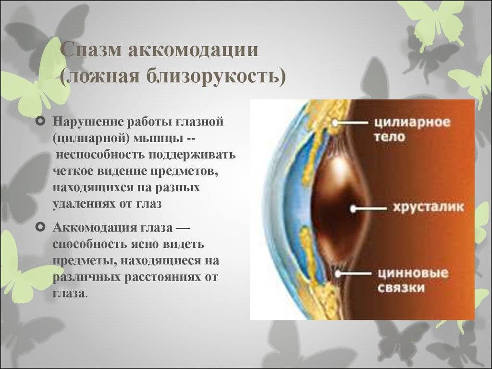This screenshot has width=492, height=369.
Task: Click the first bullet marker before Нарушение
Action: tap(41, 121)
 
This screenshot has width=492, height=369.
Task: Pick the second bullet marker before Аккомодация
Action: tap(41, 227)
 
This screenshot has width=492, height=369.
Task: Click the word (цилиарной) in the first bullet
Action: tap(91, 138)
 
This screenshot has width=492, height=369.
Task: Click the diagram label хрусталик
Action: tap(428, 208)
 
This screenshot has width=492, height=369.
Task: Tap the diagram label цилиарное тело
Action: tap(412, 129)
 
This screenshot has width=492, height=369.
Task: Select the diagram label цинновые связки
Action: tap(413, 280)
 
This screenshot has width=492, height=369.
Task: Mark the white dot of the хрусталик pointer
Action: tap(353, 209)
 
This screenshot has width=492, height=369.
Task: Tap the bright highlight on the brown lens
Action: tap(338, 166)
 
